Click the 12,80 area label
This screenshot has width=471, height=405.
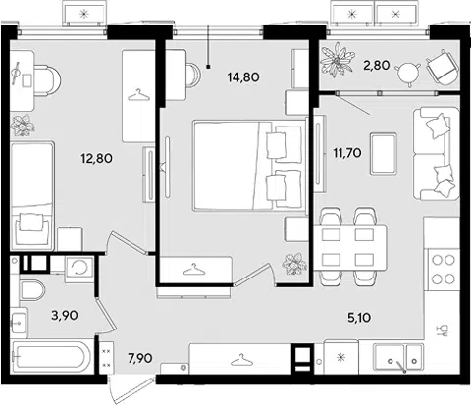click(96, 159)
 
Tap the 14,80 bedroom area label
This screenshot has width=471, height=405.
click(243, 77)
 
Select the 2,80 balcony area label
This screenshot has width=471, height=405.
click(377, 66)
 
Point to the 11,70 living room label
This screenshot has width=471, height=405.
click(347, 152)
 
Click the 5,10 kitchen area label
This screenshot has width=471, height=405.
click(359, 318)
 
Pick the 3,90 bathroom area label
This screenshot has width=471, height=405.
click(65, 316)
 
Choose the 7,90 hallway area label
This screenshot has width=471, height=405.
click(140, 358)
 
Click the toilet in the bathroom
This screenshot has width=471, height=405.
click(32, 290)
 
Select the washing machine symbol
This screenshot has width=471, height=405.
click(79, 268)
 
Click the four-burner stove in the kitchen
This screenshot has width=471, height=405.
click(444, 270)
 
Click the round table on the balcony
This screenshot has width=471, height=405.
click(407, 74)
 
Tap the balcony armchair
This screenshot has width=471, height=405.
click(441, 68)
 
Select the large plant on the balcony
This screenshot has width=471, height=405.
click(338, 61)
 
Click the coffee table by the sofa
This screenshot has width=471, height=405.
click(384, 153)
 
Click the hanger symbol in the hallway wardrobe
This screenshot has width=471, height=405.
click(241, 359)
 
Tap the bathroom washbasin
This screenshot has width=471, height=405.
click(20, 321)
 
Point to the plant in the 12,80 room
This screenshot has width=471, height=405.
click(22, 125)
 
